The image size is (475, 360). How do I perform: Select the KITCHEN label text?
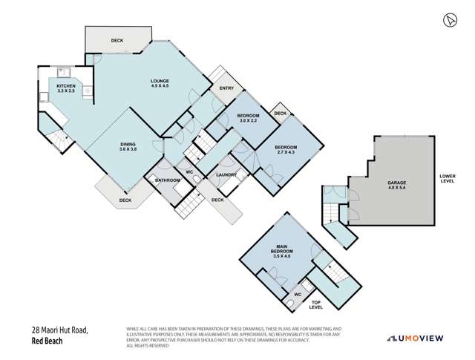pyautogui.click(x=65, y=89)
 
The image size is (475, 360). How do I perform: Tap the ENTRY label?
pyautogui.click(x=226, y=89)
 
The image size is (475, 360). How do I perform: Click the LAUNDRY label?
pyautogui.click(x=226, y=175)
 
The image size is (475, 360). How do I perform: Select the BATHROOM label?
pyautogui.click(x=168, y=180)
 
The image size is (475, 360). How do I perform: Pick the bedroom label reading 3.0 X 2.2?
pyautogui.click(x=248, y=118)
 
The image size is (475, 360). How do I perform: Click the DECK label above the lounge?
pyautogui.click(x=117, y=41)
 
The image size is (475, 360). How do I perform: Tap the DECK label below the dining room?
pyautogui.click(x=125, y=199)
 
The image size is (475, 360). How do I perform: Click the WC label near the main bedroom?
pyautogui.click(x=297, y=293)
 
